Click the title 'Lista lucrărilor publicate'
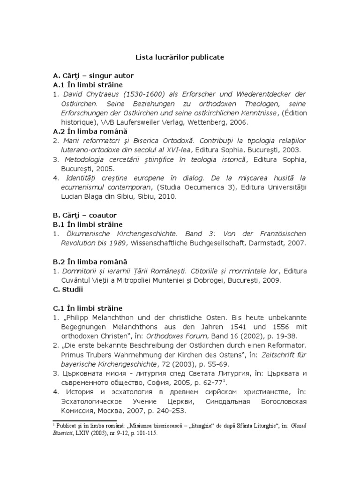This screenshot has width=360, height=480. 180,57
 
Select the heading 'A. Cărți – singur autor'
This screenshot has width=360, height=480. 93,75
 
